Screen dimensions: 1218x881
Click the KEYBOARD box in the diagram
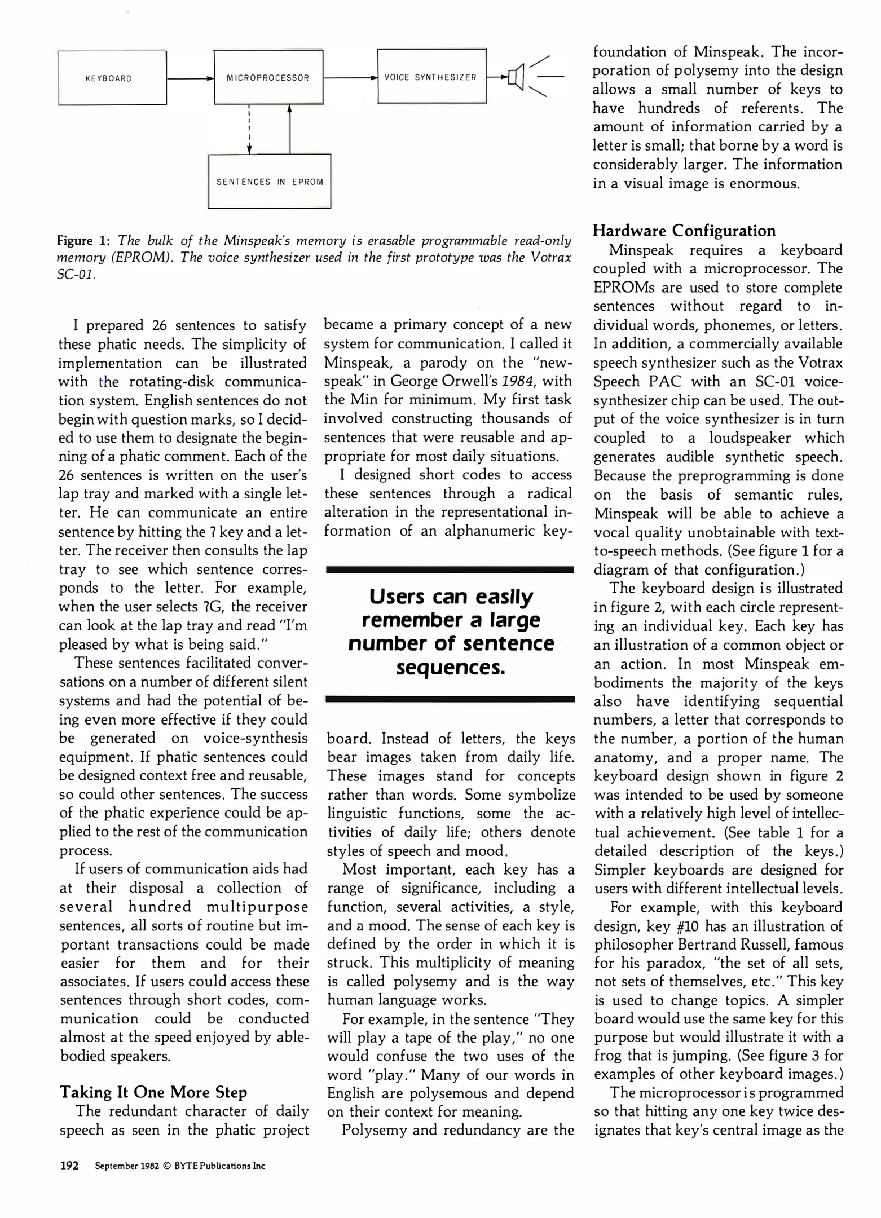pyautogui.click(x=112, y=78)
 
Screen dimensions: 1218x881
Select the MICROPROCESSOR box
pyautogui.click(x=268, y=77)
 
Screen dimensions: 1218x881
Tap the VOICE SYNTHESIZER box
pyautogui.click(x=431, y=77)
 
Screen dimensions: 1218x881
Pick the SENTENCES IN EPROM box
pyautogui.click(x=270, y=182)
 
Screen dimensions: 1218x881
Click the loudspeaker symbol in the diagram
pyautogui.click(x=516, y=76)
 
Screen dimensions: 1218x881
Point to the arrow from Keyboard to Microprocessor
pyautogui.click(x=190, y=78)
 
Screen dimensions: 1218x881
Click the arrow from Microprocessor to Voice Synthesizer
pyautogui.click(x=350, y=78)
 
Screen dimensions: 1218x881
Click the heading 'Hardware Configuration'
pyautogui.click(x=684, y=231)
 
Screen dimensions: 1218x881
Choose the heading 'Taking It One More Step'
pyautogui.click(x=153, y=1092)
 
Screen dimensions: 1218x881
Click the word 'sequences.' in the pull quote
pyautogui.click(x=450, y=668)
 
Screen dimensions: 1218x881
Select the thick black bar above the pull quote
pyautogui.click(x=450, y=570)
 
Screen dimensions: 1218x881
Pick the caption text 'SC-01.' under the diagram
pyautogui.click(x=76, y=277)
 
